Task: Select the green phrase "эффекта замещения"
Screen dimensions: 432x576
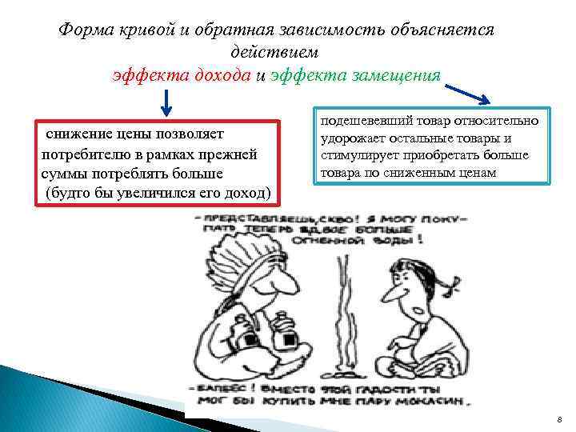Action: click(355, 75)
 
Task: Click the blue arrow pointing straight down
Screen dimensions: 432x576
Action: click(166, 102)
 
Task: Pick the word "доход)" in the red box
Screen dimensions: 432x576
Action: click(247, 193)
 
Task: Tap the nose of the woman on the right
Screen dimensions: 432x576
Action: click(390, 298)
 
